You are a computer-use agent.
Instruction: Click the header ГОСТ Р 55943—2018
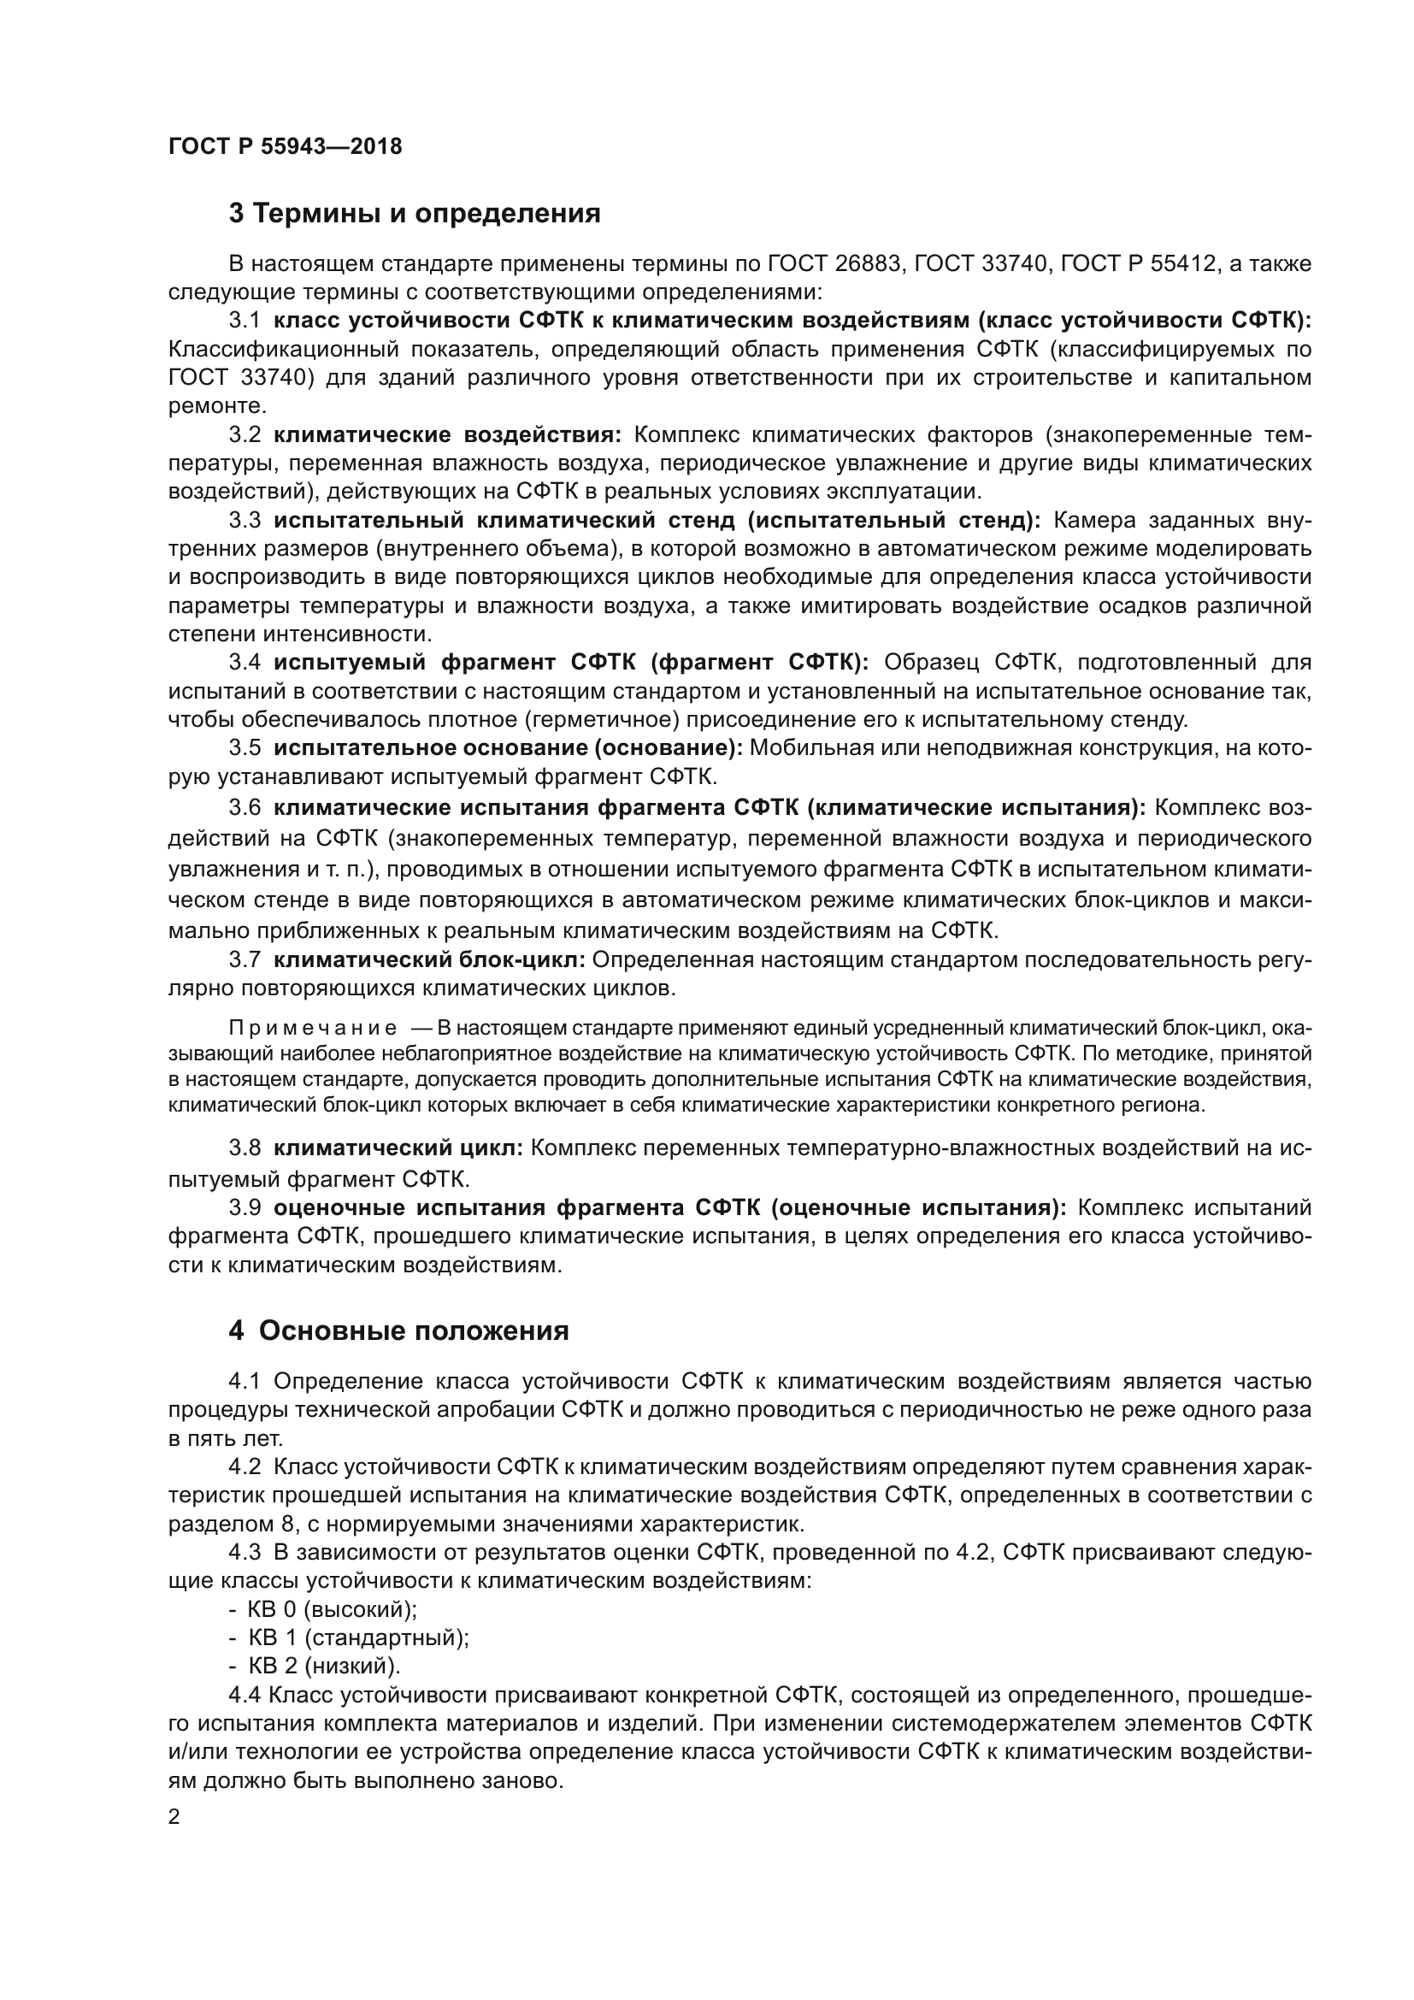[x=285, y=146]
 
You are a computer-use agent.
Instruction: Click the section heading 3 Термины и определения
[x=415, y=214]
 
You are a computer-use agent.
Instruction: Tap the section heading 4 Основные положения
[x=398, y=1331]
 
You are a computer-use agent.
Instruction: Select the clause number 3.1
[x=245, y=321]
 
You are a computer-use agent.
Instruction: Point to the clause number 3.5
[x=245, y=748]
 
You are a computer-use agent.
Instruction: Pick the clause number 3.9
[x=245, y=1208]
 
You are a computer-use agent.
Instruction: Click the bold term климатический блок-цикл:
[x=429, y=961]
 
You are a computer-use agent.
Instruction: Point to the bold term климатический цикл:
[x=398, y=1148]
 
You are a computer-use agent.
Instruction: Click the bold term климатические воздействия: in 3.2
[x=446, y=434]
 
